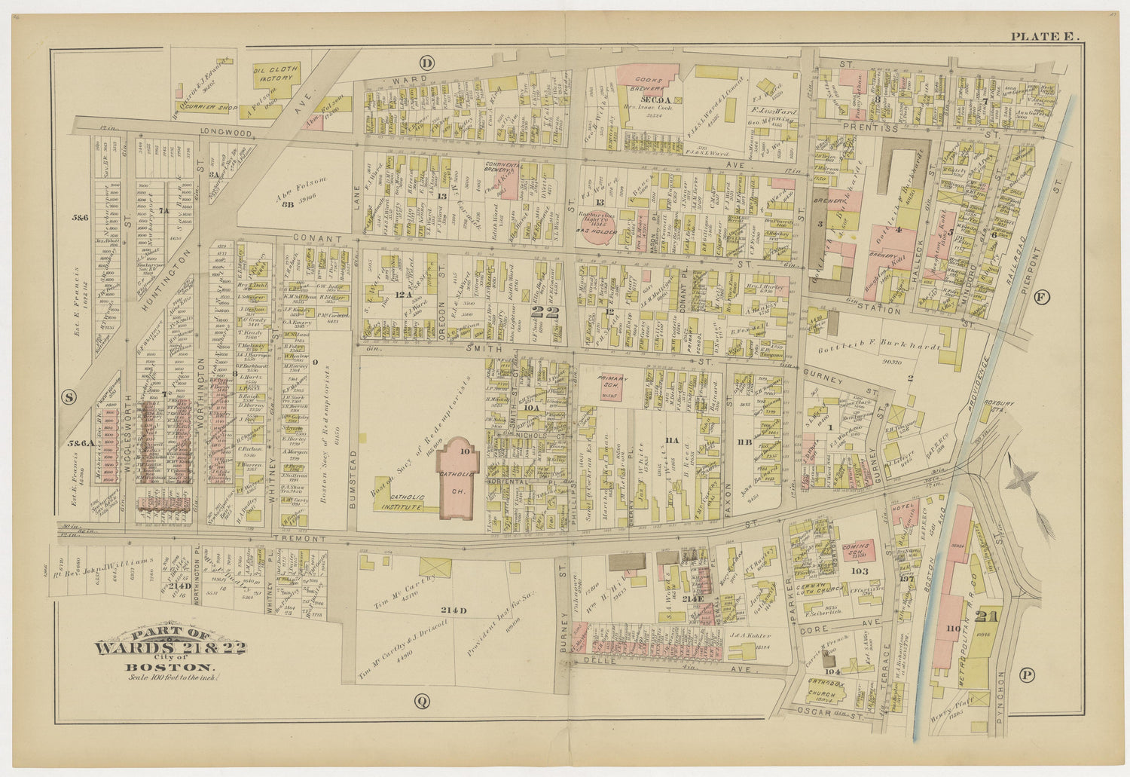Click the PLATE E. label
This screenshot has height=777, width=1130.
(x=1045, y=36)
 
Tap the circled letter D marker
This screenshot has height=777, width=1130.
(x=427, y=63)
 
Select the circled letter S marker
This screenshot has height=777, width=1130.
(x=69, y=398)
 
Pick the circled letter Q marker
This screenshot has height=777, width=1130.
(x=422, y=702)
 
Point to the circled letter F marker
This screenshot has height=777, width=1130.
(x=1042, y=296)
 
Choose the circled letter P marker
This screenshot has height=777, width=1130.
(x=1028, y=675)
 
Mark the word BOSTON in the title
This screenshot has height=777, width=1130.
(x=169, y=666)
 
